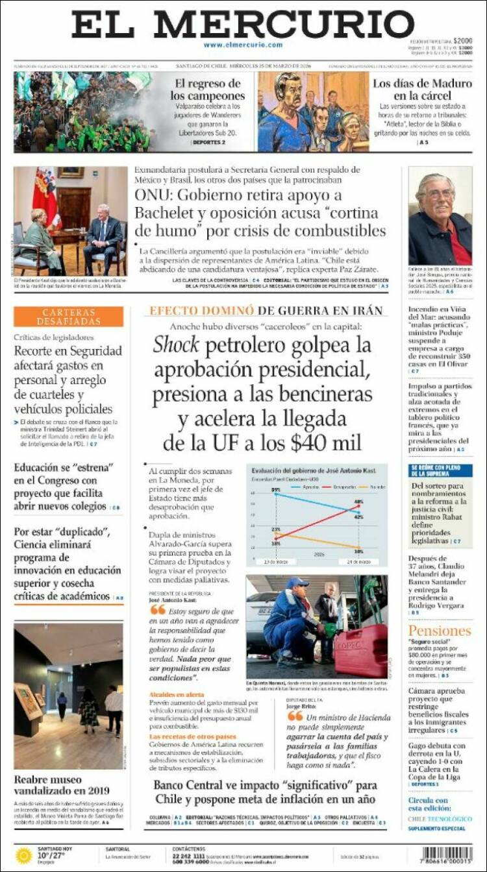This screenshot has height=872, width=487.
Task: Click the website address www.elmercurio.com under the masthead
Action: [x=243, y=45]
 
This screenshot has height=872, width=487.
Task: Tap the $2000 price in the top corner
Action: [x=462, y=40]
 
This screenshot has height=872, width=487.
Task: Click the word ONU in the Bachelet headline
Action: [x=153, y=195]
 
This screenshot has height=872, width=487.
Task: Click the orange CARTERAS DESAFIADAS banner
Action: [x=69, y=317]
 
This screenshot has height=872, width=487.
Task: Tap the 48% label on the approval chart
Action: [x=358, y=502]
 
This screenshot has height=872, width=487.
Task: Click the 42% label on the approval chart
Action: [x=358, y=517]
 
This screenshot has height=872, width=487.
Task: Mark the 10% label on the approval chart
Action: [x=358, y=551]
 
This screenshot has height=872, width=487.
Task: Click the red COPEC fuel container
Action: [x=360, y=649]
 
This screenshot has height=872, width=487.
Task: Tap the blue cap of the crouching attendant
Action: [x=297, y=583]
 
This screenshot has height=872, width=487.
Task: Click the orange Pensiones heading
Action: [x=440, y=631]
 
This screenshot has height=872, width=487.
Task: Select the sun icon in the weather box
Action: [x=24, y=855]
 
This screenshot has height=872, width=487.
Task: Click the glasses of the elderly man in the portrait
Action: [x=440, y=193]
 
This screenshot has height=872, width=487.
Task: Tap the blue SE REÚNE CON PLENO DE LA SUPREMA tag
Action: [x=440, y=470]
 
